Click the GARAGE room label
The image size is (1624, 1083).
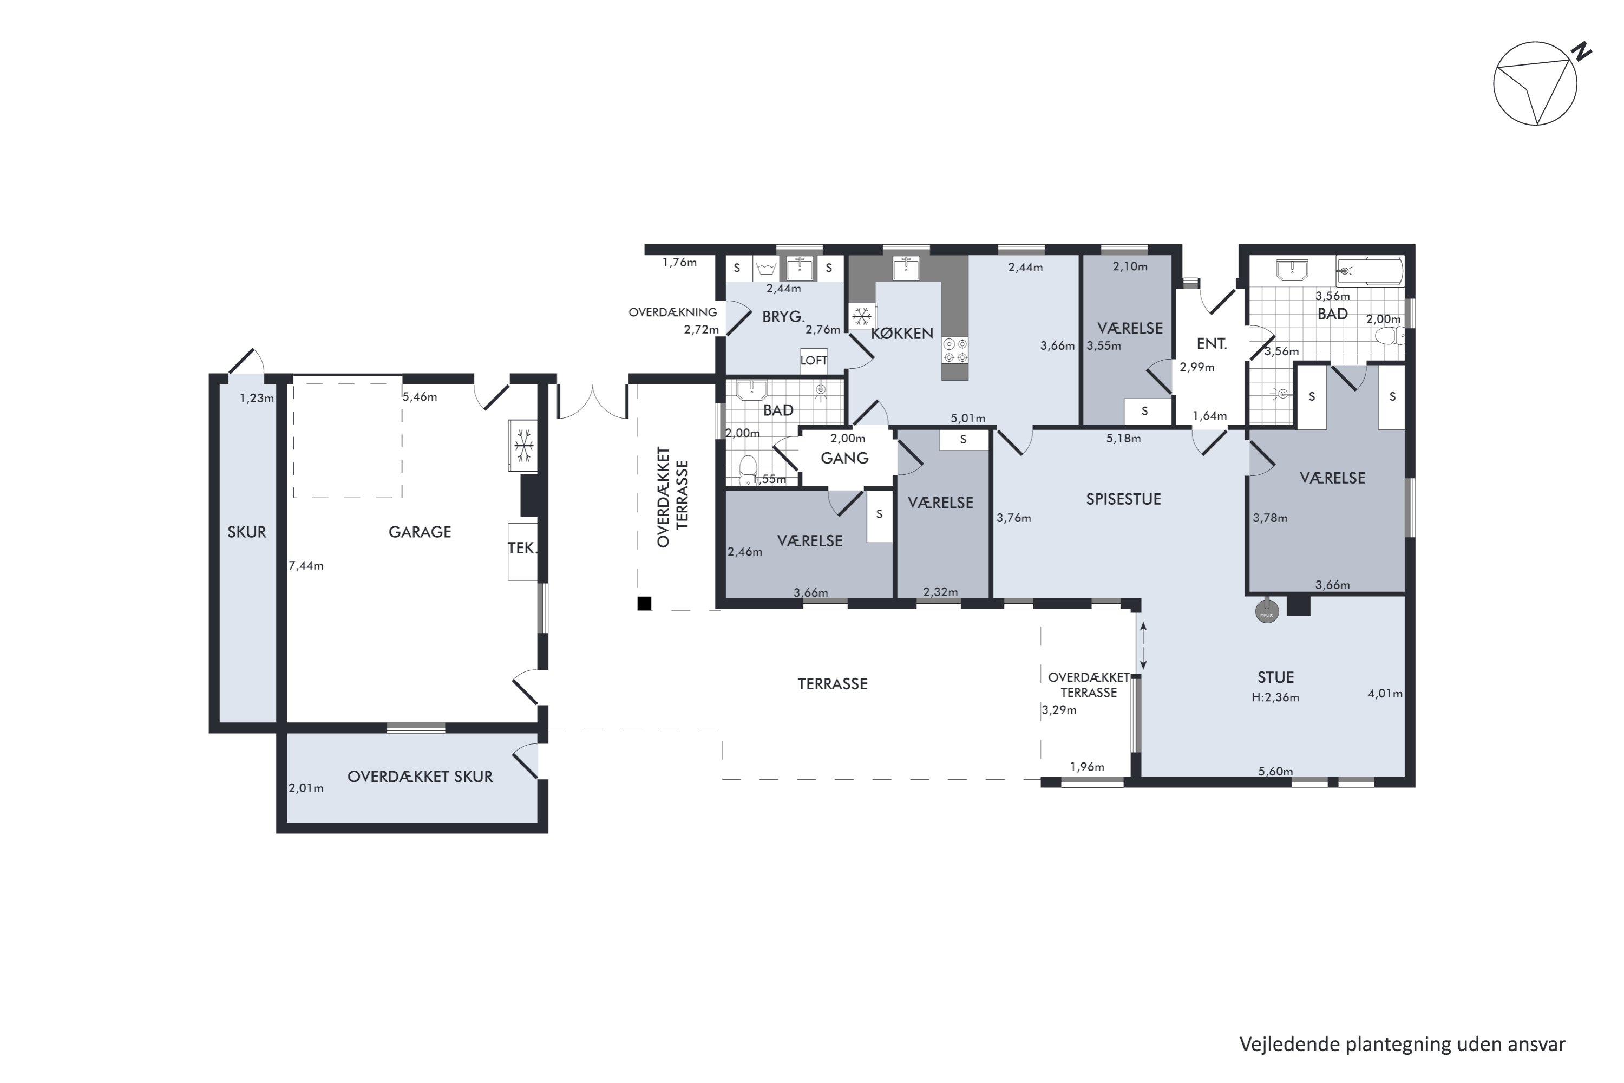[420, 532]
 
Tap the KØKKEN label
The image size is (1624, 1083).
[902, 334]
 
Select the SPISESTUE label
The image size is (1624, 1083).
[1123, 499]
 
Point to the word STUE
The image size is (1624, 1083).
[1275, 677]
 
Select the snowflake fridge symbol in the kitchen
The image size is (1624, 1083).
[862, 317]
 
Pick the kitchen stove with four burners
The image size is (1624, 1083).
[955, 350]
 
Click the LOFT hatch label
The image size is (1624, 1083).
[814, 361]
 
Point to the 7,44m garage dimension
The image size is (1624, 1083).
[306, 566]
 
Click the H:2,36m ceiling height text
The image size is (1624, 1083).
[1275, 697]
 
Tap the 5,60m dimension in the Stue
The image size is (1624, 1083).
[1275, 772]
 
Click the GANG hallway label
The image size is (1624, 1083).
[844, 458]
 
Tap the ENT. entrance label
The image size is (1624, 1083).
[1212, 344]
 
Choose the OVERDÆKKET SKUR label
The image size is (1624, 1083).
[420, 777]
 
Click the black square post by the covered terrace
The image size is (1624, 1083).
[644, 604]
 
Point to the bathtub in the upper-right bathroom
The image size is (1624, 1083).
[1369, 271]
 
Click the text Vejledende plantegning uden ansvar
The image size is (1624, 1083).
[1403, 1043]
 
